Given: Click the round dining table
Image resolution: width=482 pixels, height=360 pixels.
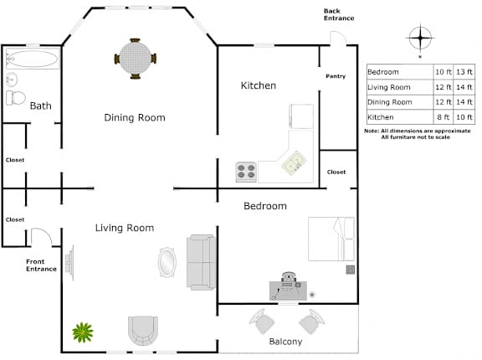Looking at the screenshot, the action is pyautogui.click(x=136, y=58).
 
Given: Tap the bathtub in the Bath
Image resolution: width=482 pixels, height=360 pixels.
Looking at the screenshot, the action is pyautogui.click(x=33, y=59).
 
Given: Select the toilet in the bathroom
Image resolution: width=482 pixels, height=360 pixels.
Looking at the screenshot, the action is pyautogui.click(x=16, y=98).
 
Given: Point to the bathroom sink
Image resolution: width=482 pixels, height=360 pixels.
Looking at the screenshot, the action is pyautogui.click(x=12, y=80).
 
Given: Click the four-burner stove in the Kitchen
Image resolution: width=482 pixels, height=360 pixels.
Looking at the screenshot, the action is pyautogui.click(x=246, y=172).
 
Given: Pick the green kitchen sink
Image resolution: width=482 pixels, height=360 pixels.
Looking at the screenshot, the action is pyautogui.click(x=295, y=162).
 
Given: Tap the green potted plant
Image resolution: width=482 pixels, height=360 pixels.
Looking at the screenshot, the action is pyautogui.click(x=83, y=332).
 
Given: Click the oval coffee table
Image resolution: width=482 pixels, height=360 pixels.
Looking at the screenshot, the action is pyautogui.click(x=167, y=262).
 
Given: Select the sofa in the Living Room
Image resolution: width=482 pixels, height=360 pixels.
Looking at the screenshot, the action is pyautogui.click(x=202, y=262).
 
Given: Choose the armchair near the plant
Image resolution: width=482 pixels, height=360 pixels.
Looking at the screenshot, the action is pyautogui.click(x=143, y=331).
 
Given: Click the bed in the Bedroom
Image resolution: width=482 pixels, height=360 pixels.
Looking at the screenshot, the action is pyautogui.click(x=331, y=239).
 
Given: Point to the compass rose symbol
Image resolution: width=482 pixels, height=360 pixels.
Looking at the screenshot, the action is pyautogui.click(x=420, y=39).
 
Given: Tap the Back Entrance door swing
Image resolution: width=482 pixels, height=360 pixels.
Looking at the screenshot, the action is pyautogui.click(x=338, y=38).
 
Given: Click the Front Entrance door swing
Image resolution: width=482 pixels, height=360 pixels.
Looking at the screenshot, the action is pyautogui.click(x=42, y=237).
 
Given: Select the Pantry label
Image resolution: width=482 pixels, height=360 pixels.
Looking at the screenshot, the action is pyautogui.click(x=336, y=76).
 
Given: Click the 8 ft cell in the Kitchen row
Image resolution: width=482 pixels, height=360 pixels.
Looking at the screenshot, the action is pyautogui.click(x=443, y=117).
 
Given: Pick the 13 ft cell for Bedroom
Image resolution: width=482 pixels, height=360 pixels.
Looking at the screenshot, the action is pyautogui.click(x=464, y=72).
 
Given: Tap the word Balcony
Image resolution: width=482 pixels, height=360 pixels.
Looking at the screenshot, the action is pyautogui.click(x=285, y=342).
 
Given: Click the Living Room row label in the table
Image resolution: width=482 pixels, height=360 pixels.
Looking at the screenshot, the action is pyautogui.click(x=389, y=87).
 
